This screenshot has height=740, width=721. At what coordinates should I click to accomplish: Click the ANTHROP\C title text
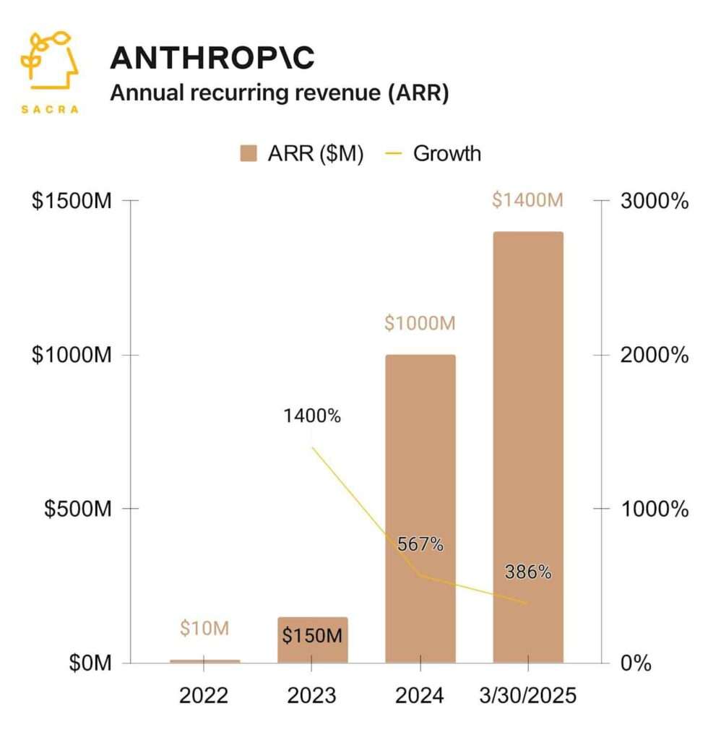212,58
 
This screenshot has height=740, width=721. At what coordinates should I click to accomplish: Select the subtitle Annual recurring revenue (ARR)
279,95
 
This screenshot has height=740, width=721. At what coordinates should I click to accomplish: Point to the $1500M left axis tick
71,201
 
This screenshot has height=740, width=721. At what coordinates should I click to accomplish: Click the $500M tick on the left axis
77,509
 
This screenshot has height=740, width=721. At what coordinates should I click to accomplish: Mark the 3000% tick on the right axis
655,201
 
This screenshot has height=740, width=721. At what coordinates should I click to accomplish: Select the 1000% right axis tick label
655,509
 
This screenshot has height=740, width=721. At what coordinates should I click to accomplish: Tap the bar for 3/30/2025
527,448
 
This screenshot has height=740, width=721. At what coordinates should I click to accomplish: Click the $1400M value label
527,200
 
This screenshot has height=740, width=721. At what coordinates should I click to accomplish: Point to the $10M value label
204,629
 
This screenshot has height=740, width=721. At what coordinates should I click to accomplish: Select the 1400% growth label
312,416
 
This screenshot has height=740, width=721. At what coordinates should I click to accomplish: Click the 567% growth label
420,544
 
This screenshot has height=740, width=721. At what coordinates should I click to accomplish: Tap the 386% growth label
527,573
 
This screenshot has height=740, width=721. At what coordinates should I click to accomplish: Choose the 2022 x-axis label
204,696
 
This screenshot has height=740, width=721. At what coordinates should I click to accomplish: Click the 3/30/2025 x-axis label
527,696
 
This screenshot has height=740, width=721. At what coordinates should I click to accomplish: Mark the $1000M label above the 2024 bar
420,324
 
